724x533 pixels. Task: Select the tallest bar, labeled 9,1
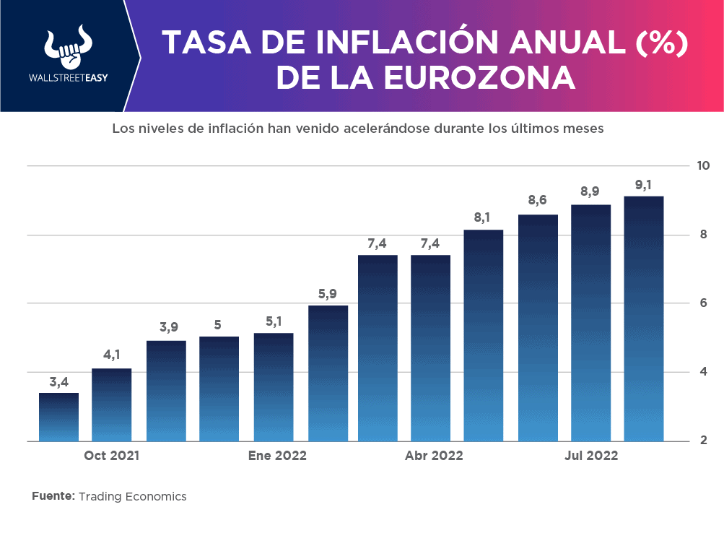point(644,318)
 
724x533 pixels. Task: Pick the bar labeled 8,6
point(538,328)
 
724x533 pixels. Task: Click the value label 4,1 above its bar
point(112,355)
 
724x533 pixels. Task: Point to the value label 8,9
point(590,191)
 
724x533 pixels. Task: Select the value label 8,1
point(483,217)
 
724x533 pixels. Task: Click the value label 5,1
point(274,320)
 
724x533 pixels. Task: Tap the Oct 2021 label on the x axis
point(111,456)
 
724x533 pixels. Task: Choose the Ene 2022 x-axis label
point(277,456)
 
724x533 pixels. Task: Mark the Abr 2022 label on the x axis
point(434,456)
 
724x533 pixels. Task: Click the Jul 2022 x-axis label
point(591,456)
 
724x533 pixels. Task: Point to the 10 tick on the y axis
point(703,166)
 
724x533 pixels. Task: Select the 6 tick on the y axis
point(703,303)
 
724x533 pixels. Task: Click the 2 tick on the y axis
point(703,441)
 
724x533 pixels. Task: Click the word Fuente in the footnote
point(53,497)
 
